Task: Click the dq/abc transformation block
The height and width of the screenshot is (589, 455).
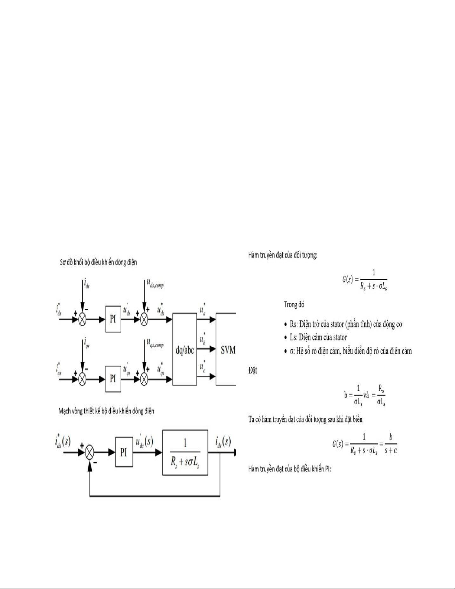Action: click(x=185, y=349)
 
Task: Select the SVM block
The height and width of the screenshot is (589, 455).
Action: click(x=226, y=349)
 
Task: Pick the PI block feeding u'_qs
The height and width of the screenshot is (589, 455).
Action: click(x=113, y=379)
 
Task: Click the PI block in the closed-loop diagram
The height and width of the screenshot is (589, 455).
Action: click(x=123, y=452)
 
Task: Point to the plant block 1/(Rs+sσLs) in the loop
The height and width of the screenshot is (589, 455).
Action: click(x=185, y=452)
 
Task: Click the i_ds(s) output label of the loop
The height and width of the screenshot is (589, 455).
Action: click(x=222, y=442)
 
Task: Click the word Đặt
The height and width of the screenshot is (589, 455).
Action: click(x=253, y=370)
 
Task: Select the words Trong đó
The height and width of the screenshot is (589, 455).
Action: click(x=294, y=305)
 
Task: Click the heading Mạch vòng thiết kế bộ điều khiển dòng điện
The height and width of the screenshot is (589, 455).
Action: click(x=106, y=411)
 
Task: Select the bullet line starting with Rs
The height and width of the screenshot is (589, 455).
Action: click(x=346, y=324)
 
